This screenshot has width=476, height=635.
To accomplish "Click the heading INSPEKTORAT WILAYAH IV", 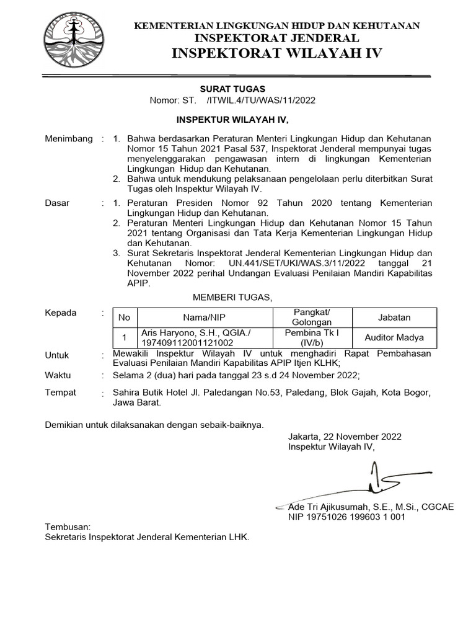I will tap(276, 53).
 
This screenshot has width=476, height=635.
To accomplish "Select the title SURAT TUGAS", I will tap(227, 89).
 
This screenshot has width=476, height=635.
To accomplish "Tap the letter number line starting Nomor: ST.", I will tap(232, 101).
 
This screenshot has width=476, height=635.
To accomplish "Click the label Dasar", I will tap(58, 203).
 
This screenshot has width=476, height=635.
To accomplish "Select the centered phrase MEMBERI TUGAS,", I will tap(232, 298).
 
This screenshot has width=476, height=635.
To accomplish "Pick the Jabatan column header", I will tap(394, 317).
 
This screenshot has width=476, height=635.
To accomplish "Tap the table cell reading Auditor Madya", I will tap(394, 337).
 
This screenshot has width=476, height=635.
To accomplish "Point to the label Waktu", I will tap(58, 375).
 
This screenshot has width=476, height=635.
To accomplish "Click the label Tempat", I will tap(60, 393).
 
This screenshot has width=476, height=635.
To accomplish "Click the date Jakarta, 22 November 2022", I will tap(345, 436).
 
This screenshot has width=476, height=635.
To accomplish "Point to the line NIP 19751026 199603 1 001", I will tap(346, 517).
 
